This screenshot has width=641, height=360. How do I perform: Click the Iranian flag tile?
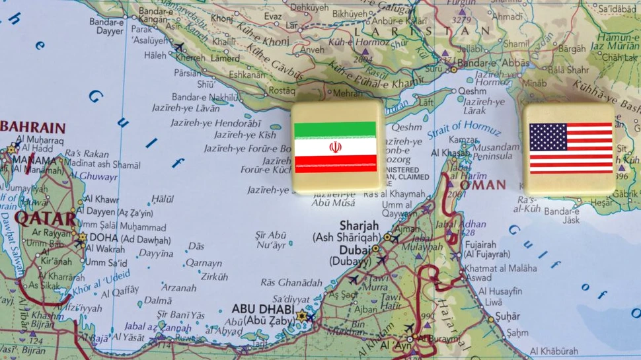[x=336, y=147]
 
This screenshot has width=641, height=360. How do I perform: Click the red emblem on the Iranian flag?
[x=335, y=147]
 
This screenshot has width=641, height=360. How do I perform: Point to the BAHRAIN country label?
[x=34, y=127]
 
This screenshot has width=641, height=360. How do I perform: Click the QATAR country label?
[x=46, y=217]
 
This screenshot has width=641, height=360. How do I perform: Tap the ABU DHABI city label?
[x=264, y=308]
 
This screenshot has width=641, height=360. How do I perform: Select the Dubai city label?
[x=354, y=250]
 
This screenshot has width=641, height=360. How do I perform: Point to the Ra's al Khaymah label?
[x=395, y=194]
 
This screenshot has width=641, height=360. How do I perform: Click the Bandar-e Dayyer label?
[x=106, y=26]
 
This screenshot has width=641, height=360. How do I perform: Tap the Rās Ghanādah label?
[x=291, y=282]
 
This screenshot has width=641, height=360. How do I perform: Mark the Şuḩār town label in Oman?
[x=508, y=316]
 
